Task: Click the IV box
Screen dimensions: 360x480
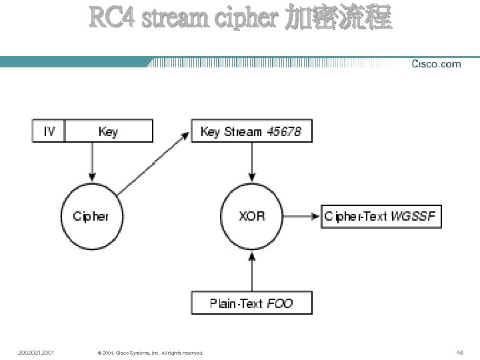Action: tap(49, 131)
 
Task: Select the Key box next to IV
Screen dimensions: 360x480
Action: tap(108, 131)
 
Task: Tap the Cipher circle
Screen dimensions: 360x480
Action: tap(91, 216)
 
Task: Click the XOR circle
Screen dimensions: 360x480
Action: tap(251, 216)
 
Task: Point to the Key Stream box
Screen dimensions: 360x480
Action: tap(251, 131)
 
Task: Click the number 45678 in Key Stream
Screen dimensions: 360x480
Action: tap(284, 131)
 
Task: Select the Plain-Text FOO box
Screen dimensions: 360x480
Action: tap(251, 303)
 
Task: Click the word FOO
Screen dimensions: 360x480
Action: tap(280, 303)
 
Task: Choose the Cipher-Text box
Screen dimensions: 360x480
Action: tap(381, 217)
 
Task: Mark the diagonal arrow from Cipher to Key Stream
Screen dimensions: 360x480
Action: tap(151, 163)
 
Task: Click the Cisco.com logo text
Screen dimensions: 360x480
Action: tap(436, 64)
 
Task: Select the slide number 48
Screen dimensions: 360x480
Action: tap(459, 352)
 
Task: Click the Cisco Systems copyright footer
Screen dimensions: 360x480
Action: tap(149, 353)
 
